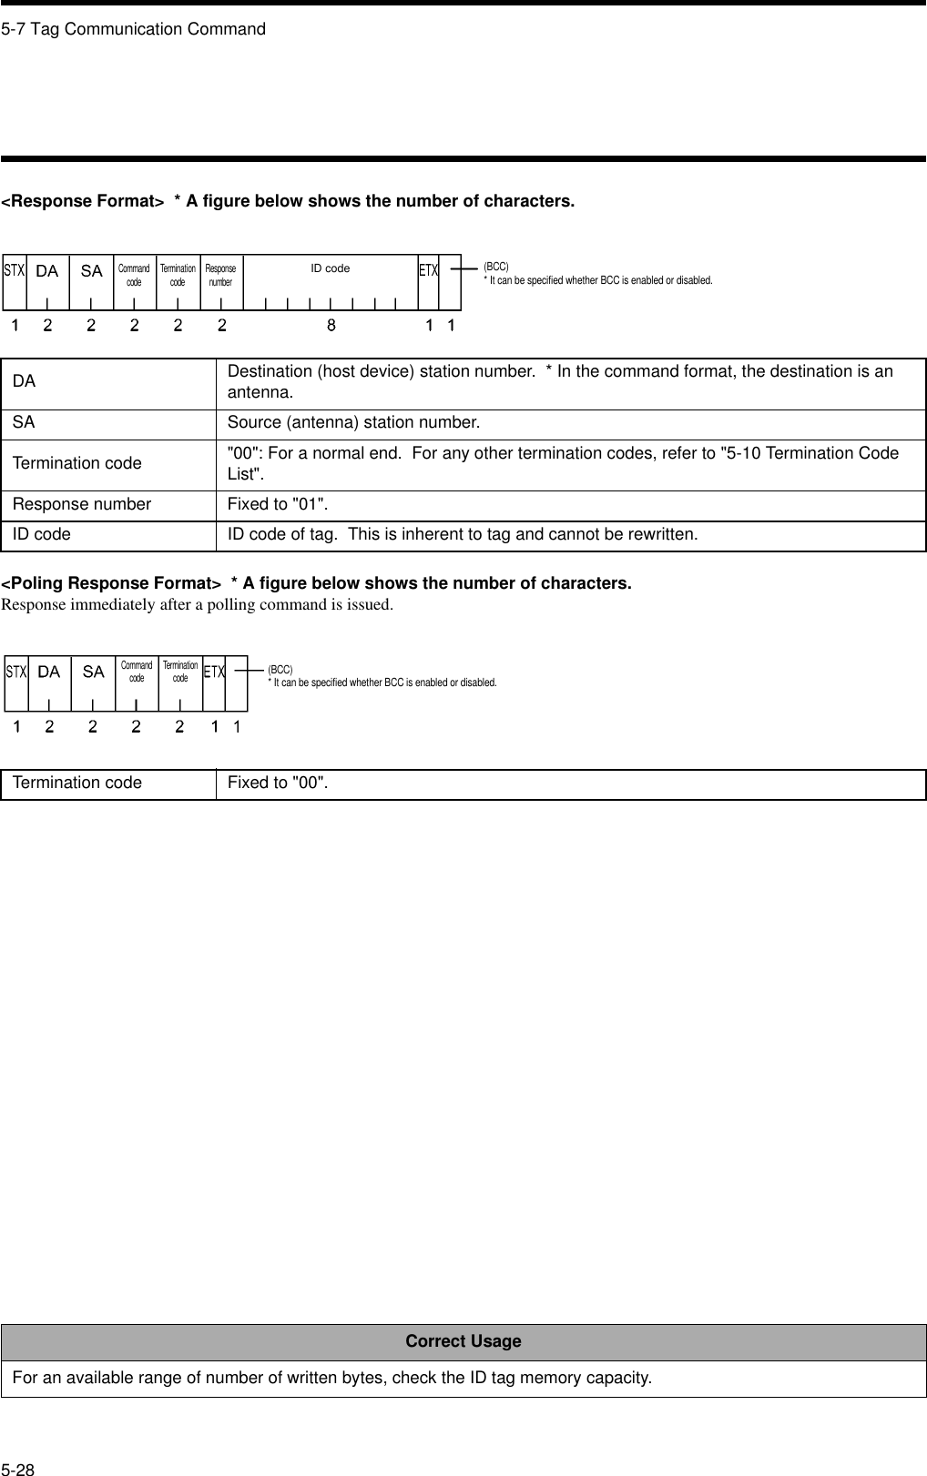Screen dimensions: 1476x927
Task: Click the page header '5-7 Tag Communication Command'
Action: [133, 29]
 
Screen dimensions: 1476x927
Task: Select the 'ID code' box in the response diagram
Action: [330, 269]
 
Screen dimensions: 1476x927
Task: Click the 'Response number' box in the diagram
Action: [220, 276]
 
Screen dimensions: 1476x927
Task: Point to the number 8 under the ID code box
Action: [331, 324]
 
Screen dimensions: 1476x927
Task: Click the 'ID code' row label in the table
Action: [42, 535]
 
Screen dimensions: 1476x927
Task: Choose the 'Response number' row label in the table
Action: [82, 504]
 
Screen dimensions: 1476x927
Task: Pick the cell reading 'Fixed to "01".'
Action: [278, 504]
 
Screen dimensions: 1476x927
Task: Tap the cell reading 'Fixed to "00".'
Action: [278, 783]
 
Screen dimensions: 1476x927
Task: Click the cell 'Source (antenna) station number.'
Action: [353, 423]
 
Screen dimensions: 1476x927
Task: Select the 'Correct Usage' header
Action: [463, 1341]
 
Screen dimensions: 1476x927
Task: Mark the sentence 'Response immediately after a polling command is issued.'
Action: [197, 604]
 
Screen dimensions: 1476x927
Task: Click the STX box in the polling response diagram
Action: [15, 672]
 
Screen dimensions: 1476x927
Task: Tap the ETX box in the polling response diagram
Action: [214, 672]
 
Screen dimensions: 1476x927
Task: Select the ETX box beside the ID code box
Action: [428, 270]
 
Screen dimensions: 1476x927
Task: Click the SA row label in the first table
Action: [24, 423]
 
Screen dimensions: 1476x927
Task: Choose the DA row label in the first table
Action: [24, 381]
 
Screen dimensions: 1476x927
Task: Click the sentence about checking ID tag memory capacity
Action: [331, 1378]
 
